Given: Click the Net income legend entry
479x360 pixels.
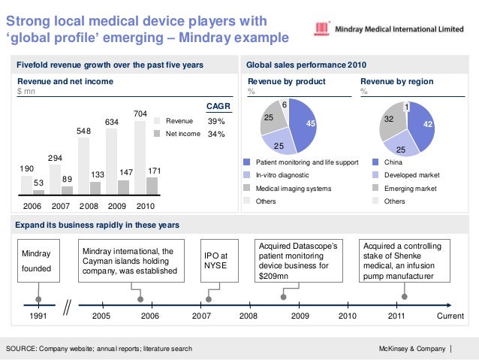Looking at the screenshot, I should pos(182,134).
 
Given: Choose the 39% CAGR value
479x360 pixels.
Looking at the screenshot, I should pos(216,120).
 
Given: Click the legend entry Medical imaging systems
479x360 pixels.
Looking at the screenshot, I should pos(294,188).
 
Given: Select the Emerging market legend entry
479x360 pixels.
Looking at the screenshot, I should pos(410,188).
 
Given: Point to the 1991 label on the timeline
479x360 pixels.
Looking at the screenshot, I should pos(38,316).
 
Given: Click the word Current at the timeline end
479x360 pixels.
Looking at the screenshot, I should pos(451,316).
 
